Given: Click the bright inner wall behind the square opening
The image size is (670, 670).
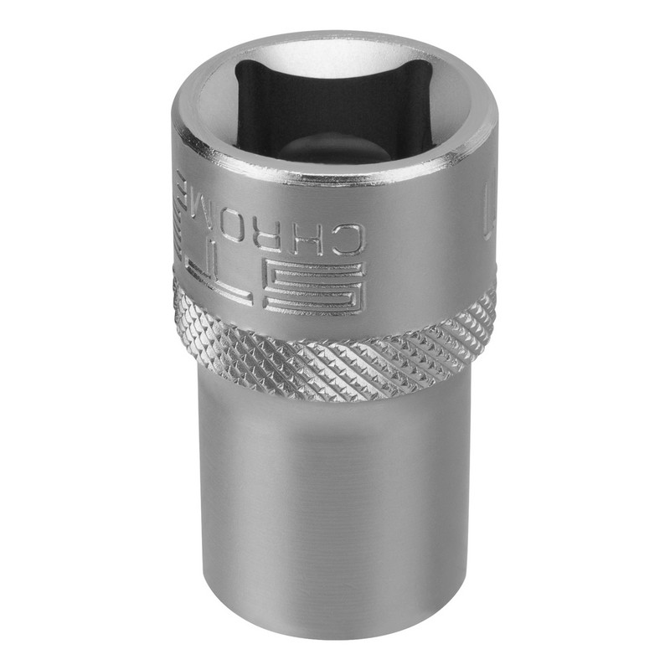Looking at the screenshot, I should [335, 54].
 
